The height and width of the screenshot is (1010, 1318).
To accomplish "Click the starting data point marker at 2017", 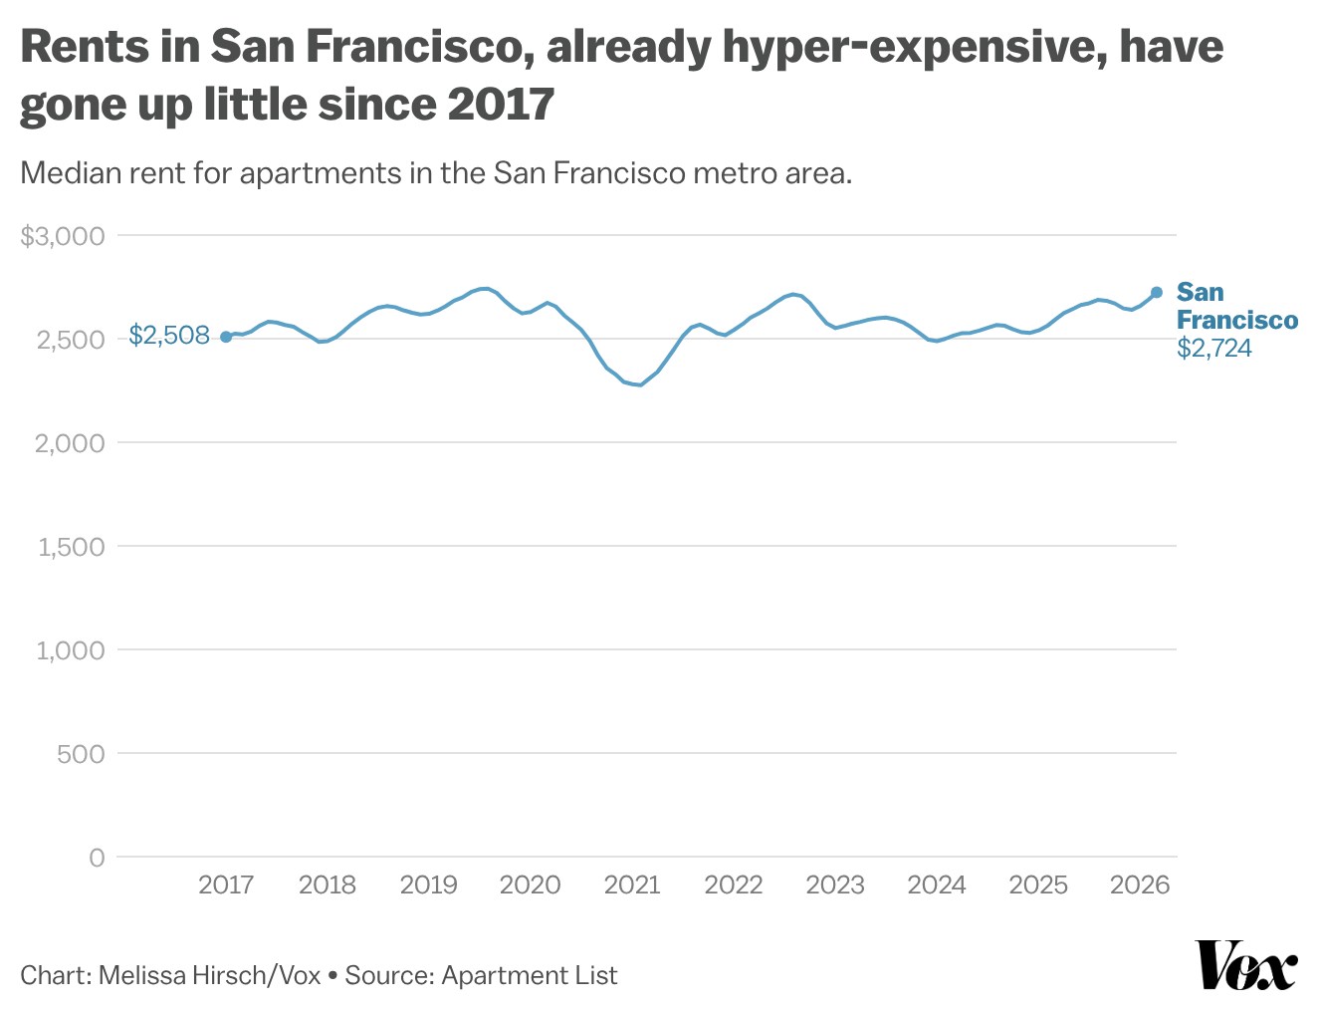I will point(226,337).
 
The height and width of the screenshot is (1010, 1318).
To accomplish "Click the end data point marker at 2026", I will point(1156,292).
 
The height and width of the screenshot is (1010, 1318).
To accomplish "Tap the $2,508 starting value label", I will point(169,336).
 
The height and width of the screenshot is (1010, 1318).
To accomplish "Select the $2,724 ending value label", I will point(1213,349).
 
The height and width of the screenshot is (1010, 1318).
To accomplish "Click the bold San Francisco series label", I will point(1236,306).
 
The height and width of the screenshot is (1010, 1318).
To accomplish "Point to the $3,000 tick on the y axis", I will point(63,236).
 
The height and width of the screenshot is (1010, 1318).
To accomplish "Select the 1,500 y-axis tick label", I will point(71,547).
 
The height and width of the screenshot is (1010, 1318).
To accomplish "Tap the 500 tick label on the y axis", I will point(81,754).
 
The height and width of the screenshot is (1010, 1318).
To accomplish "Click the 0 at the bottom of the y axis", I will point(97,858).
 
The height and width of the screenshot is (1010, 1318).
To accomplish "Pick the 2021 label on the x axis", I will point(632,884).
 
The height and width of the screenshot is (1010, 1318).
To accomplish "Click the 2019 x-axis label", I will point(428,884).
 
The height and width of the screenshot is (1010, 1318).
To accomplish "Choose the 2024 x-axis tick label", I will point(936,884).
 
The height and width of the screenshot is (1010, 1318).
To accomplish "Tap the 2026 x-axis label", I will point(1139,884).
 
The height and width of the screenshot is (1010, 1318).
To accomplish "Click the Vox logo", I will point(1245,965).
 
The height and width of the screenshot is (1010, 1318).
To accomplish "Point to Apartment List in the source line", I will point(529,975).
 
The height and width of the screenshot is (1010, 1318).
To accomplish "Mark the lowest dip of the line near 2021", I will point(639,384).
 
